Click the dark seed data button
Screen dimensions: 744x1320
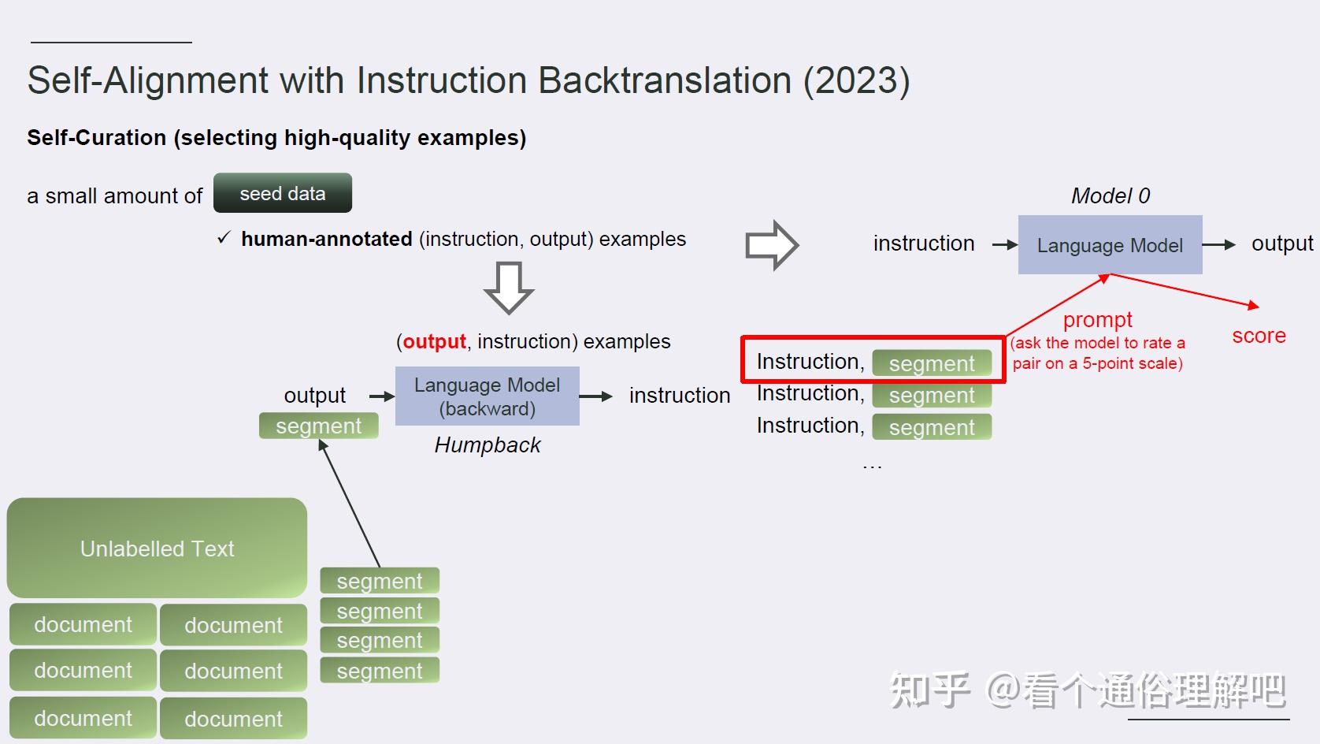[282, 193]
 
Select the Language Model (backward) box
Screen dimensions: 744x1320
[487, 396]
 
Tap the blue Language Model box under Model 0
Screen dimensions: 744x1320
[1109, 245]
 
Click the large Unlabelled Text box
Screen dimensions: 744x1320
[157, 548]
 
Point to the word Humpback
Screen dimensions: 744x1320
[487, 445]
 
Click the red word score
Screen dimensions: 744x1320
[1258, 336]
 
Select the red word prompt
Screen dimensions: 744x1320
[1097, 320]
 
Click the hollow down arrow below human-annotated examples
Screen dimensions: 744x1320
[509, 288]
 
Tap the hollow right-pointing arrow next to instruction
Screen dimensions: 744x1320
[771, 245]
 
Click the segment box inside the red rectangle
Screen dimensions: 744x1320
[931, 363]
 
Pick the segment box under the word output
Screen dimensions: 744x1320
[318, 426]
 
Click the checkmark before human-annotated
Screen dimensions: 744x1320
[224, 238]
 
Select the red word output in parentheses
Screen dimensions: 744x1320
[434, 341]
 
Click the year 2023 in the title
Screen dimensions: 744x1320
[856, 80]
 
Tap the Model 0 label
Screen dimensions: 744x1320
[1110, 195]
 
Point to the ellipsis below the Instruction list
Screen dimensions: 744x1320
[872, 466]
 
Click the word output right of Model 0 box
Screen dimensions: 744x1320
[1281, 244]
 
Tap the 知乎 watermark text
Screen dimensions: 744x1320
[929, 690]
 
